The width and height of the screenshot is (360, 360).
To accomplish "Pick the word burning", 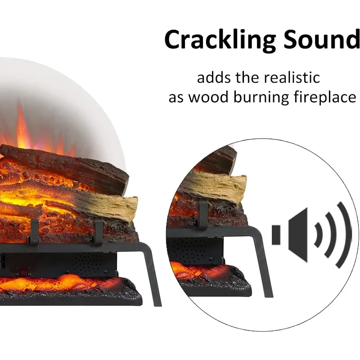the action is pos(254,97).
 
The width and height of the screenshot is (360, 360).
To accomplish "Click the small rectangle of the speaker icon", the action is pos(276,234).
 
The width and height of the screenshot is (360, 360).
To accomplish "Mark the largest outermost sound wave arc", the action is pos(346,234).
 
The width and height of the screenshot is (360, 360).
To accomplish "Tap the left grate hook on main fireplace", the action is pos(34,232).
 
